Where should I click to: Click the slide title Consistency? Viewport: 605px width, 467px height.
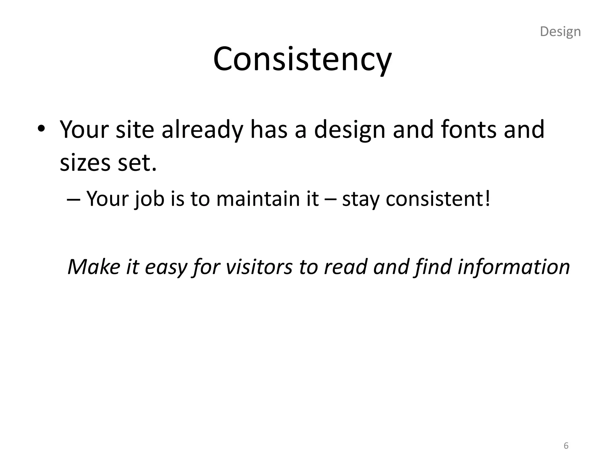(302, 59)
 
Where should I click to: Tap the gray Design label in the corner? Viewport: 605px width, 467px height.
(560, 32)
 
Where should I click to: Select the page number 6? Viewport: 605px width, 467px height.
(566, 445)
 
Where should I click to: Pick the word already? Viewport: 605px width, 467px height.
(202, 130)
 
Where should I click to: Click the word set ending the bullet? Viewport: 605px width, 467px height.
(137, 163)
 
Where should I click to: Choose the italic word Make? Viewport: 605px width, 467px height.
(94, 267)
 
